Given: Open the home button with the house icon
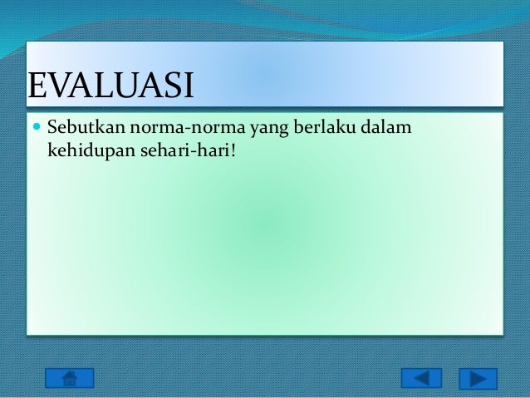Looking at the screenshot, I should click(69, 378).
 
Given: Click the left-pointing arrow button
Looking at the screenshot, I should click(421, 378).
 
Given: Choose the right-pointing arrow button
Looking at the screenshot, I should click(478, 378).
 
